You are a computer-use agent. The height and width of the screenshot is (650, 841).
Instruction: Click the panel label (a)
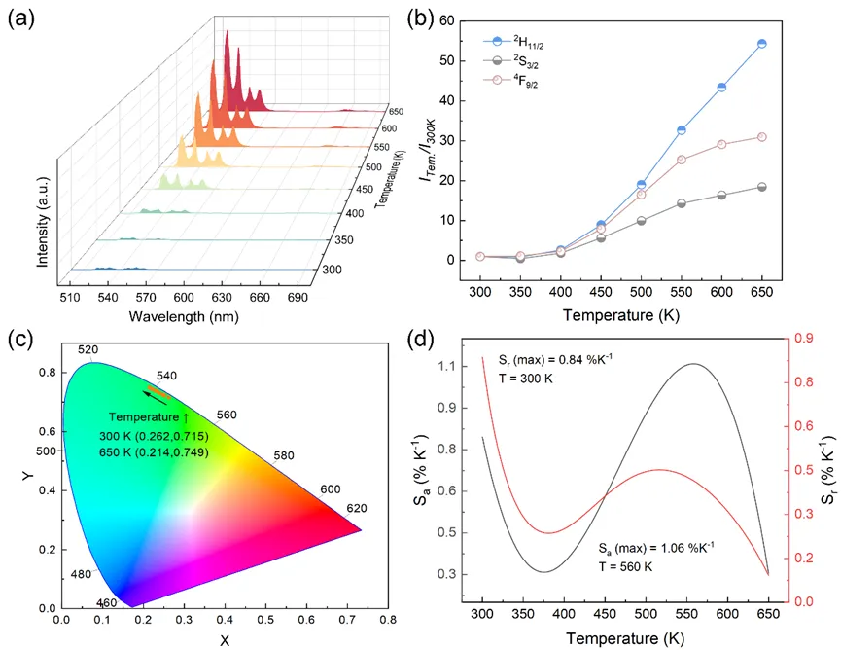click(x=22, y=19)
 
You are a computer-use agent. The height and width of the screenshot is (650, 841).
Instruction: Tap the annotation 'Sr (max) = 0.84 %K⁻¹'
click(x=559, y=361)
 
